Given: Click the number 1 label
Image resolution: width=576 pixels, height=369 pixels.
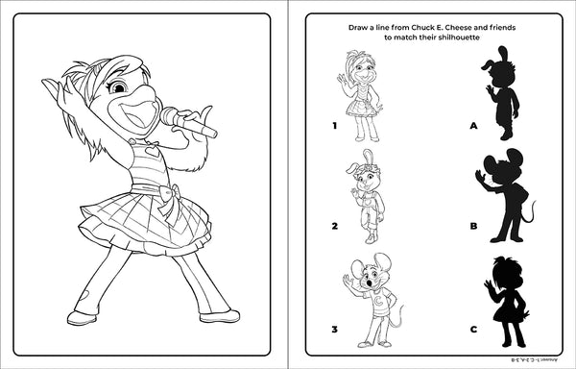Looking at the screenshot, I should [x=334, y=125].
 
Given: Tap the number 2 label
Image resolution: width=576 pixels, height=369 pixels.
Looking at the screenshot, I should [x=334, y=227].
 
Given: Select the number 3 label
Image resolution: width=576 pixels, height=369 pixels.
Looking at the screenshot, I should [x=334, y=329].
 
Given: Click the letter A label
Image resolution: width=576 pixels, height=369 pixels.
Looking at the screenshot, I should [x=473, y=125].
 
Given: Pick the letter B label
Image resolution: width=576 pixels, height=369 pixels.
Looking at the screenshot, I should [x=473, y=227].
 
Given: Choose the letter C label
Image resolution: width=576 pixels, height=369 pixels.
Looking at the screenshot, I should [x=473, y=329].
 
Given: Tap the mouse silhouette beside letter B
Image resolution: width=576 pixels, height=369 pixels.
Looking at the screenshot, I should [x=505, y=187].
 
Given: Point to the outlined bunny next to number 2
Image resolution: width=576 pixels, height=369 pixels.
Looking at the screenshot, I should [x=366, y=196].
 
